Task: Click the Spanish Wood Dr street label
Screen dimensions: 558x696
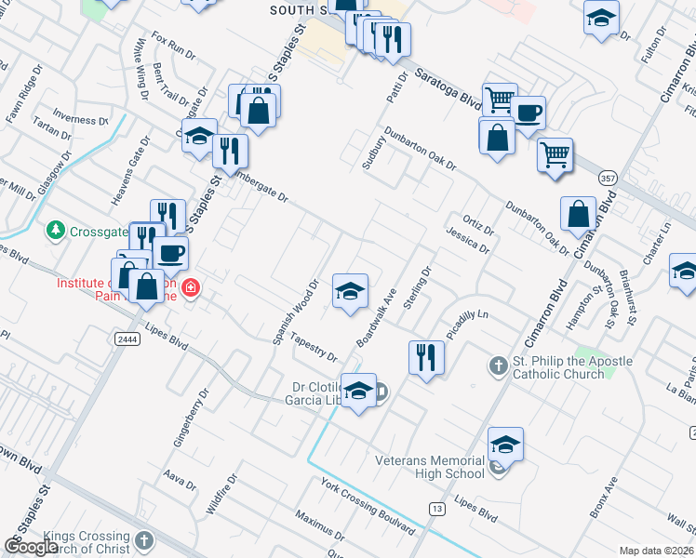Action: coord(296,311)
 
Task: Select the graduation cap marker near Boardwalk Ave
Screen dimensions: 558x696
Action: coord(350,292)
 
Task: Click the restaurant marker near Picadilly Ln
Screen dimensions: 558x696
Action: coord(426,357)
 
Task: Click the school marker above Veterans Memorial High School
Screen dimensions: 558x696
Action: coord(505,445)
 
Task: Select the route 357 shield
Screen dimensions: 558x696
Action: coord(608,177)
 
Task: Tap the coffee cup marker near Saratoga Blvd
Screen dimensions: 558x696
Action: coord(529,113)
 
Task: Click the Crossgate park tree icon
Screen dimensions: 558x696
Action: coord(56,230)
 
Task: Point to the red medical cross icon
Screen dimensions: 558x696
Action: coord(190,287)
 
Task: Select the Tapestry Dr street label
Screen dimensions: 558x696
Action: coord(312,346)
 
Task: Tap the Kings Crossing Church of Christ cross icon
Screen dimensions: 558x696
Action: coord(143,540)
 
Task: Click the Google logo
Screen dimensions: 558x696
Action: coord(32,547)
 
